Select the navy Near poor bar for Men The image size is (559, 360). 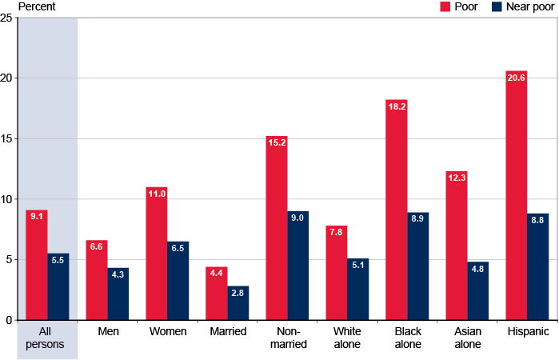click(118, 294)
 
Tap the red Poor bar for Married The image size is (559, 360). click(216, 294)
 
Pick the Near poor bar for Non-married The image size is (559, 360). click(298, 266)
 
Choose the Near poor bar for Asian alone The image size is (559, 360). click(478, 290)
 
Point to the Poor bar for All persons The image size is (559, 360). click(36, 265)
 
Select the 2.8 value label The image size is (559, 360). click(238, 293)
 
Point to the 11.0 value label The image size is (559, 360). click(156, 194)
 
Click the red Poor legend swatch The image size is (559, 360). click(446, 6)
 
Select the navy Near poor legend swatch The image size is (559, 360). click(496, 6)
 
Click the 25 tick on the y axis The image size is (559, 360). click(6, 18)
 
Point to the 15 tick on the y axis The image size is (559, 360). click(6, 138)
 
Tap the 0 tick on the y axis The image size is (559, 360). click(8, 319)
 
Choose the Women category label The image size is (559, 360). click(167, 331)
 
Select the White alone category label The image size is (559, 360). click(347, 338)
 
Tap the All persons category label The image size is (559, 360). click(47, 338)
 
